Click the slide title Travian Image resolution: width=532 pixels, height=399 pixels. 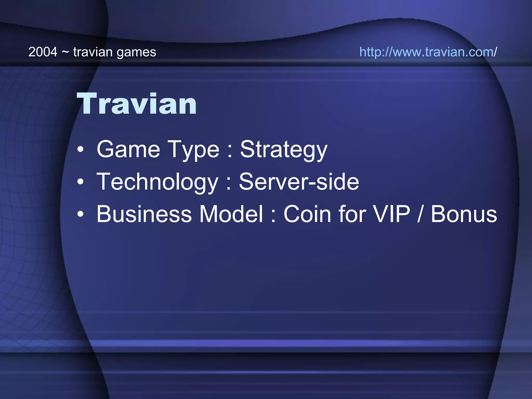(137, 104)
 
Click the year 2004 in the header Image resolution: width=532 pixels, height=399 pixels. (43, 52)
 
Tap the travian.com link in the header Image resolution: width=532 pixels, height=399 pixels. (428, 52)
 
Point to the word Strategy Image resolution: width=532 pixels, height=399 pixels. (283, 150)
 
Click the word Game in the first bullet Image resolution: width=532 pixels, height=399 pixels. (128, 149)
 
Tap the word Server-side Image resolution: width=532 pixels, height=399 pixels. (299, 182)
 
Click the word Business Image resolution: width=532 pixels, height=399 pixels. (144, 214)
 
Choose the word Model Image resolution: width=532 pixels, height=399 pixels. (231, 214)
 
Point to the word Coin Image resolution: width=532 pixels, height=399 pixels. (307, 214)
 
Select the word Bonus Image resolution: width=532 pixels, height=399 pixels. (464, 214)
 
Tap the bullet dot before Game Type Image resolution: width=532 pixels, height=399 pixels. (81, 150)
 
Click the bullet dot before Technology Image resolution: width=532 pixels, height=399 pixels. (81, 182)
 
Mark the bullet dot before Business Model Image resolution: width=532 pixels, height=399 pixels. (81, 214)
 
